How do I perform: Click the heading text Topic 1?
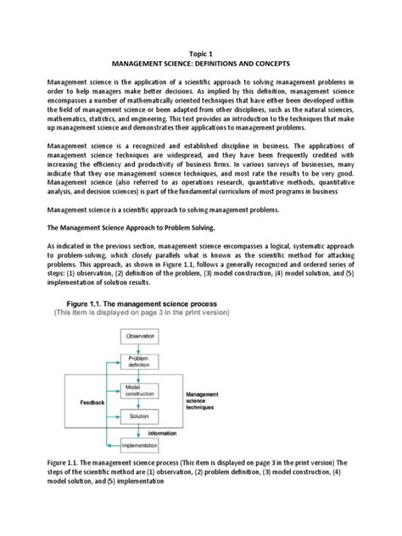pyautogui.click(x=201, y=51)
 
